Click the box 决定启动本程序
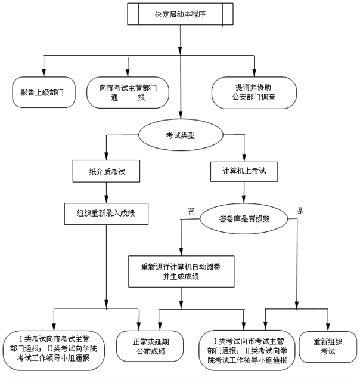[179, 14]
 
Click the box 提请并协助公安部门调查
[255, 92]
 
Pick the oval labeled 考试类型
[180, 135]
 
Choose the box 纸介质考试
[107, 172]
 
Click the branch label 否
[191, 211]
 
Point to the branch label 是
[300, 211]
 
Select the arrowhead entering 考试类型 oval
[180, 116]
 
